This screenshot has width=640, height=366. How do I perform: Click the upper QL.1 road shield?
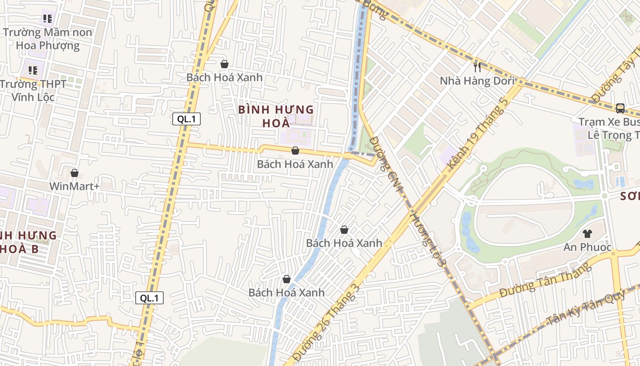pyautogui.click(x=187, y=119)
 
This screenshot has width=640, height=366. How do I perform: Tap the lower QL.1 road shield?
pyautogui.click(x=149, y=298)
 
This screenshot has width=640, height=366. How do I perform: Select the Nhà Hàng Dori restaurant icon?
pyautogui.click(x=478, y=68)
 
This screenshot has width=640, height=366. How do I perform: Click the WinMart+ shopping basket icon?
pyautogui.click(x=75, y=173)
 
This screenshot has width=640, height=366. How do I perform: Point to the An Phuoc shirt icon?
pyautogui.click(x=587, y=234)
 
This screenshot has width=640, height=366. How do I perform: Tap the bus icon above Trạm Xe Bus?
pyautogui.click(x=620, y=108)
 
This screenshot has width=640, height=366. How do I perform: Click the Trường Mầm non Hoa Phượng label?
pyautogui.click(x=48, y=39)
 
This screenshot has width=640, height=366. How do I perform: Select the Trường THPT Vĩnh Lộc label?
pyautogui.click(x=33, y=91)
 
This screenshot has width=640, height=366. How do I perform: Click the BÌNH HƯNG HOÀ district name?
pyautogui.click(x=276, y=116)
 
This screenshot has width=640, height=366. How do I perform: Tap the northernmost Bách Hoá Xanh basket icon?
pyautogui.click(x=224, y=64)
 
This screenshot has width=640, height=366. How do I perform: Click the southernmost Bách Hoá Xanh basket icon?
pyautogui.click(x=287, y=279)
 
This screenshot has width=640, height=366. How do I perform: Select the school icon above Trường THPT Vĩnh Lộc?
pyautogui.click(x=33, y=70)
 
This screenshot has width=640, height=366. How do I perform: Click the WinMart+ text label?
pyautogui.click(x=74, y=186)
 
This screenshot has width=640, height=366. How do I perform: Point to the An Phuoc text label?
pyautogui.click(x=587, y=247)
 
